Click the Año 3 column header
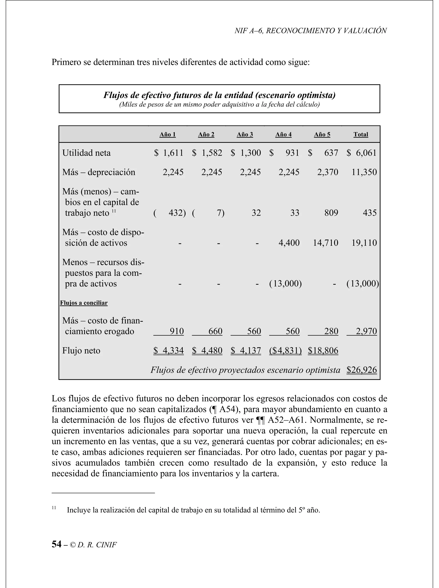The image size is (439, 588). click(245, 134)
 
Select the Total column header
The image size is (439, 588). click(360, 134)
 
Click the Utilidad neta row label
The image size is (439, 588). click(86, 153)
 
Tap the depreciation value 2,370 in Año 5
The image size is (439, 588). click(328, 172)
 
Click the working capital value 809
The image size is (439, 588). click(331, 213)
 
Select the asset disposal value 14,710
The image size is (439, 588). click(326, 243)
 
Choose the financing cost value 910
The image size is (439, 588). click(176, 331)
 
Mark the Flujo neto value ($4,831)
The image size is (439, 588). click(285, 351)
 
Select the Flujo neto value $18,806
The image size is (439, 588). click(323, 351)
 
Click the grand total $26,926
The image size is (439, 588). click(361, 370)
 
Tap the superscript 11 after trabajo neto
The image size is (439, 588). click(114, 211)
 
